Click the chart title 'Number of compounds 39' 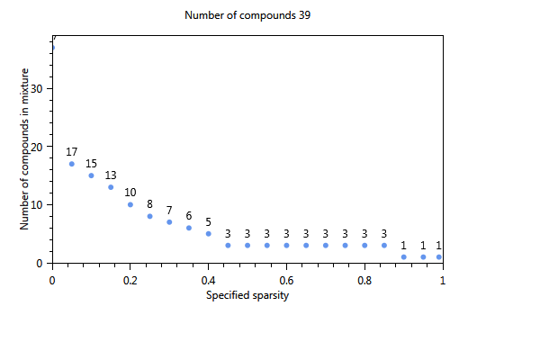coord(248,15)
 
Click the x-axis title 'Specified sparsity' coord(247,295)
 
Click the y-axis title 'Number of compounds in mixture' coord(26,148)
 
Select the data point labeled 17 coord(72,164)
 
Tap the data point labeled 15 coord(91,175)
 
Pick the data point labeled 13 coord(111,187)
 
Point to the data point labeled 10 coord(130,204)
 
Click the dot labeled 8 coord(150,216)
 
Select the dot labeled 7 coord(169,222)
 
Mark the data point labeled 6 coord(189,228)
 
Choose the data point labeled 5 coord(209,234)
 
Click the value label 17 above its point coord(72,151)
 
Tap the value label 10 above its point coord(130,192)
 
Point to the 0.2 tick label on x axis coord(130,280)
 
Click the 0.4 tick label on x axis coord(209,280)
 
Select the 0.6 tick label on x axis coord(286,280)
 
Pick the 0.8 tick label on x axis coord(364,280)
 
